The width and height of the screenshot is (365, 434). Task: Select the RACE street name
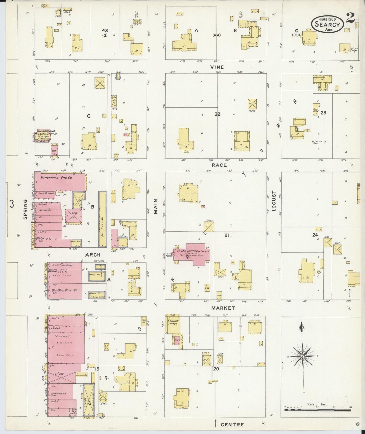[219, 165]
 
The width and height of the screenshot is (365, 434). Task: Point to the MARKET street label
[223, 308]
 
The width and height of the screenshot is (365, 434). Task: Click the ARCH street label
[93, 255]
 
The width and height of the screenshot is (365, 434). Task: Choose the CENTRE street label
[232, 424]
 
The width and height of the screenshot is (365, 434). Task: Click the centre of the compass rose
[302, 356]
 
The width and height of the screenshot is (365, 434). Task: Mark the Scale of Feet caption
[317, 404]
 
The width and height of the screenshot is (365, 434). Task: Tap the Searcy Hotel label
[173, 322]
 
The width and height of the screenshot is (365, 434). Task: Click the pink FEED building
[74, 213]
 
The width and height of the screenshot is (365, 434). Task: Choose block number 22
[217, 114]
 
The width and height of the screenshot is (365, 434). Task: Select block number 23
[323, 113]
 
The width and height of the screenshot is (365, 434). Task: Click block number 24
[315, 235]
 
